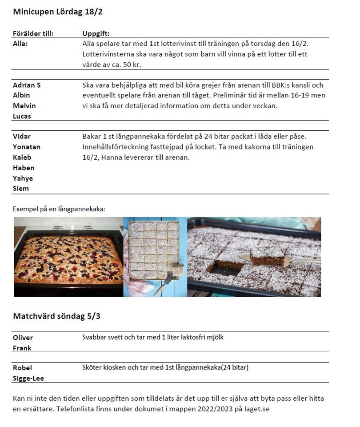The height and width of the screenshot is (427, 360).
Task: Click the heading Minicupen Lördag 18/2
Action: (58, 12)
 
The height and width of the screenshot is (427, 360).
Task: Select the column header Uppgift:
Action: (96, 33)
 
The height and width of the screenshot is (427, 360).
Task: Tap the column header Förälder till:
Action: (33, 33)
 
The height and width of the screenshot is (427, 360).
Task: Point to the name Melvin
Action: (24, 106)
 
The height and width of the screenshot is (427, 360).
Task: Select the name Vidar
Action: (22, 136)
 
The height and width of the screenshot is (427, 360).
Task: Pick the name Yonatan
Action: (27, 147)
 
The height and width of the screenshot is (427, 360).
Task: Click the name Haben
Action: (24, 168)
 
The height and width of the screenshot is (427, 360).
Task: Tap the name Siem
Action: (21, 188)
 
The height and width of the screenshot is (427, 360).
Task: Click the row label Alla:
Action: (20, 44)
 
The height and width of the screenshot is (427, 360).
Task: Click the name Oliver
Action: (23, 338)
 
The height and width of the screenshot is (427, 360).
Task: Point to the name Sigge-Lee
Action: (28, 379)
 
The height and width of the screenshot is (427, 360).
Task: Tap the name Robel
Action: (22, 368)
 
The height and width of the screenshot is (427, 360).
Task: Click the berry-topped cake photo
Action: (68, 257)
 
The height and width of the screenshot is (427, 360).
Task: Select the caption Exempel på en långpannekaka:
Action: (59, 209)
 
